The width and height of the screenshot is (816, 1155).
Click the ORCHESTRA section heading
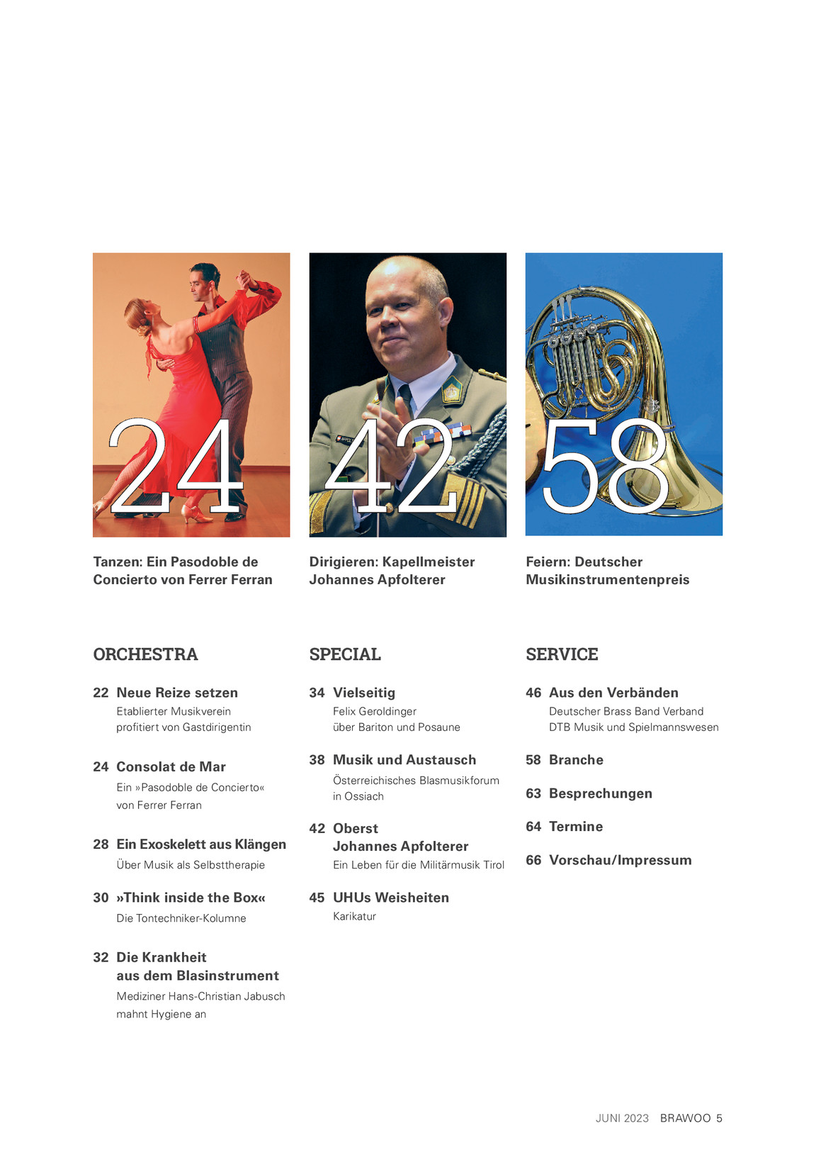tap(145, 654)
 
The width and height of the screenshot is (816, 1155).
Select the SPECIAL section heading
tap(345, 654)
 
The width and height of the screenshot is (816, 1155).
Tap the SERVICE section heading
tap(562, 654)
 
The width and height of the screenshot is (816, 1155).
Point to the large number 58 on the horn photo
tap(606, 466)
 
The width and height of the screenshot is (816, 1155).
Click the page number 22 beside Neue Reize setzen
tap(101, 693)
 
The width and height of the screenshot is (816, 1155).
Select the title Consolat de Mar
tap(171, 766)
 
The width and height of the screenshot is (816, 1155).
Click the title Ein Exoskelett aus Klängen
tap(201, 844)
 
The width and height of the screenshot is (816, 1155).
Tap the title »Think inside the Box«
tap(191, 898)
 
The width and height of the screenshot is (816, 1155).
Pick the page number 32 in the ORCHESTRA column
tap(101, 957)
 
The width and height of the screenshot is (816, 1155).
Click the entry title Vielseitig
tap(364, 693)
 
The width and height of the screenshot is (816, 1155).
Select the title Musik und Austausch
tap(404, 760)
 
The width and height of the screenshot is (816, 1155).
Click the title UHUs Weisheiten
tap(391, 898)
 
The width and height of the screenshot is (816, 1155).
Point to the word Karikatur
tap(354, 917)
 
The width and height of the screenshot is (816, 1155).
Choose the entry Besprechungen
tap(601, 793)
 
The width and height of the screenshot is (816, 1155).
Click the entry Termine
tap(576, 827)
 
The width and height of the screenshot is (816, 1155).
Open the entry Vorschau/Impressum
tap(620, 860)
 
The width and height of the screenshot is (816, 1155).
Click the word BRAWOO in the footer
tap(685, 1118)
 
